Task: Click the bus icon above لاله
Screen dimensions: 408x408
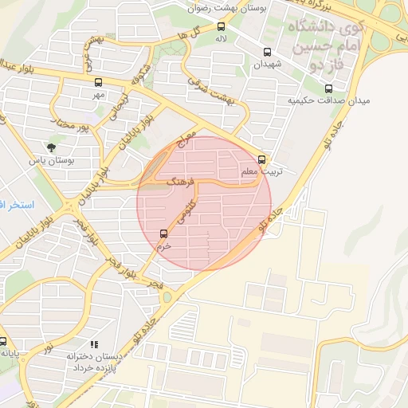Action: coord(221,26)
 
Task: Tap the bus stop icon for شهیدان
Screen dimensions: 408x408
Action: coord(267,53)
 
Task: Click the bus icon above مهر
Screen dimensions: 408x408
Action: coord(98,82)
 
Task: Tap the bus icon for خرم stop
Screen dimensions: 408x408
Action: coord(164,233)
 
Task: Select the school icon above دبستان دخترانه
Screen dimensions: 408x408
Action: coord(94,345)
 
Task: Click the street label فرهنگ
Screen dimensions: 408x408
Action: coord(180,182)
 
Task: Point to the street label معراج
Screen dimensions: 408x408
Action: coord(187,145)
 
